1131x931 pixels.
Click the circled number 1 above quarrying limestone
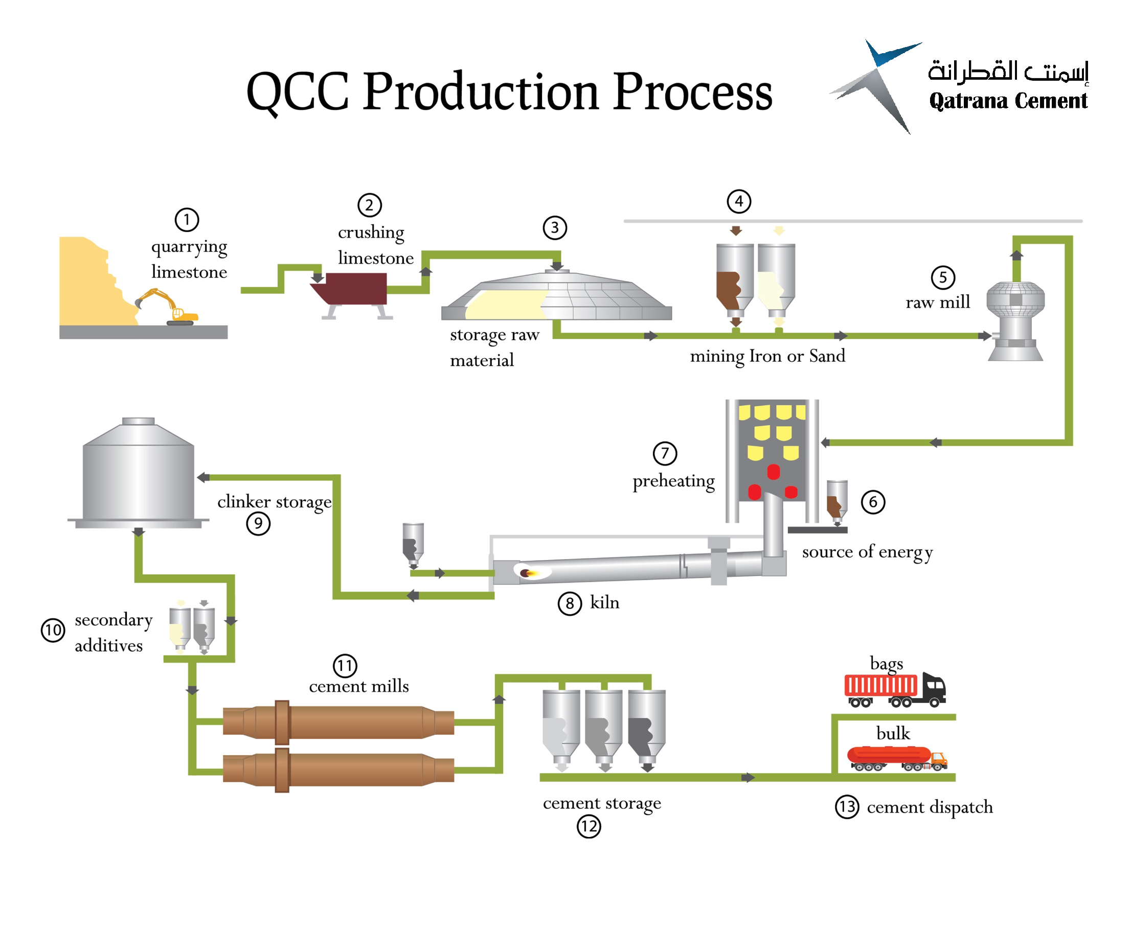pyautogui.click(x=187, y=219)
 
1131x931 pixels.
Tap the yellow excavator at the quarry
pyautogui.click(x=167, y=308)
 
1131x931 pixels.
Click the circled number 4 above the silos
pyautogui.click(x=738, y=202)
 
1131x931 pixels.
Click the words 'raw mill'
pyautogui.click(x=937, y=302)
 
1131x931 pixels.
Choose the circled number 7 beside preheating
pyautogui.click(x=664, y=453)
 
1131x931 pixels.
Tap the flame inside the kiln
pyautogui.click(x=531, y=573)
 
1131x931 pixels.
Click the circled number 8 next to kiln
pyautogui.click(x=569, y=604)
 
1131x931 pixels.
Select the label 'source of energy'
pyautogui.click(x=867, y=552)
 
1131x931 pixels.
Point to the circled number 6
pyautogui.click(x=872, y=502)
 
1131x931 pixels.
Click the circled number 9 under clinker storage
pyautogui.click(x=258, y=523)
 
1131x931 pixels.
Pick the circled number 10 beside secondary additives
pyautogui.click(x=53, y=630)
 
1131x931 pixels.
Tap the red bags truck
pyautogui.click(x=894, y=689)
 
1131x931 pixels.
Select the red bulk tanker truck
pyautogui.click(x=896, y=758)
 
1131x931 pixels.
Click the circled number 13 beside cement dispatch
pyautogui.click(x=847, y=807)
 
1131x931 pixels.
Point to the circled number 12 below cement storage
pyautogui.click(x=589, y=826)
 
